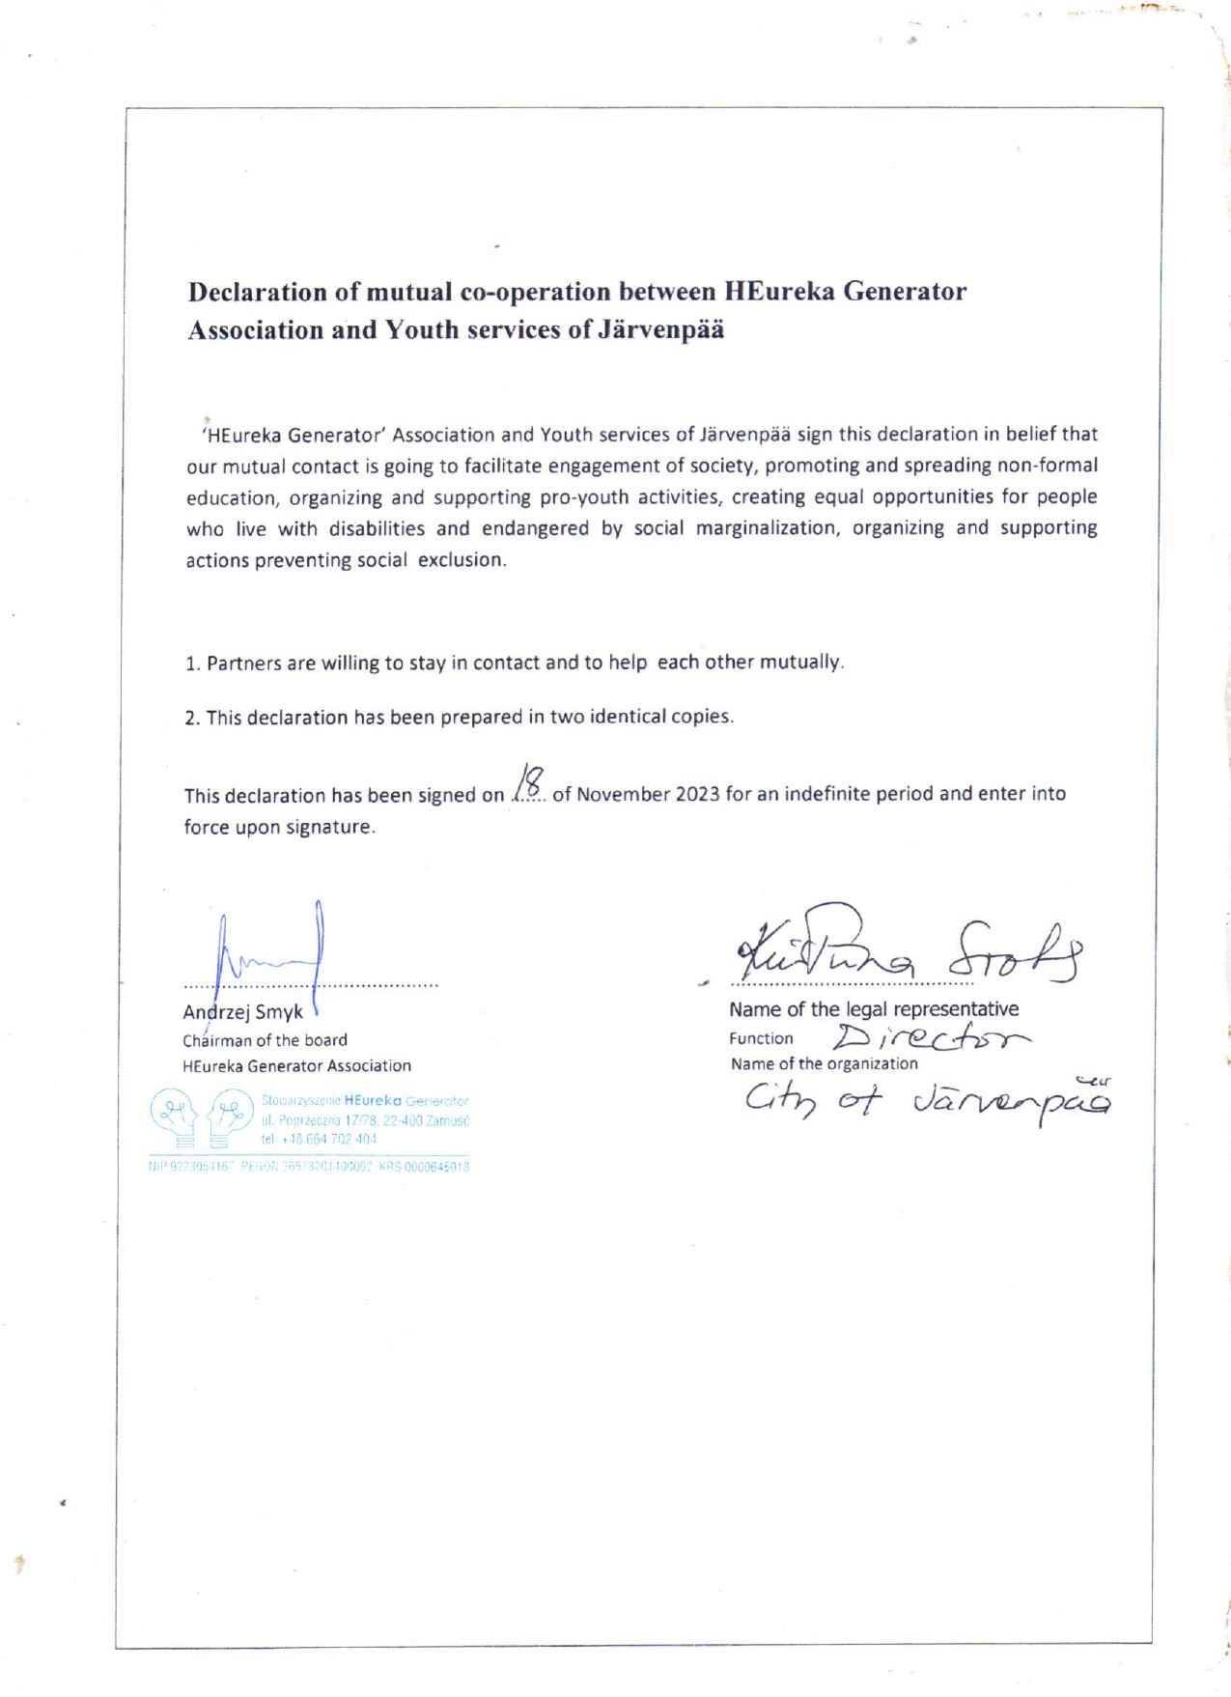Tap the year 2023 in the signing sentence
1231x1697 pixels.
click(697, 794)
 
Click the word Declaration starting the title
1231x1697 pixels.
click(258, 292)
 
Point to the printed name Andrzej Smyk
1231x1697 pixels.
click(242, 1011)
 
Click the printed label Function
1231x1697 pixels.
click(761, 1038)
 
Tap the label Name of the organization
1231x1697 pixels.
click(824, 1063)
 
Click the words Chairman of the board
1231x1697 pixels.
click(265, 1040)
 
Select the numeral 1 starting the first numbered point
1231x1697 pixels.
click(191, 664)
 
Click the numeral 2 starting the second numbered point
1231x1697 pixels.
click(191, 718)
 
